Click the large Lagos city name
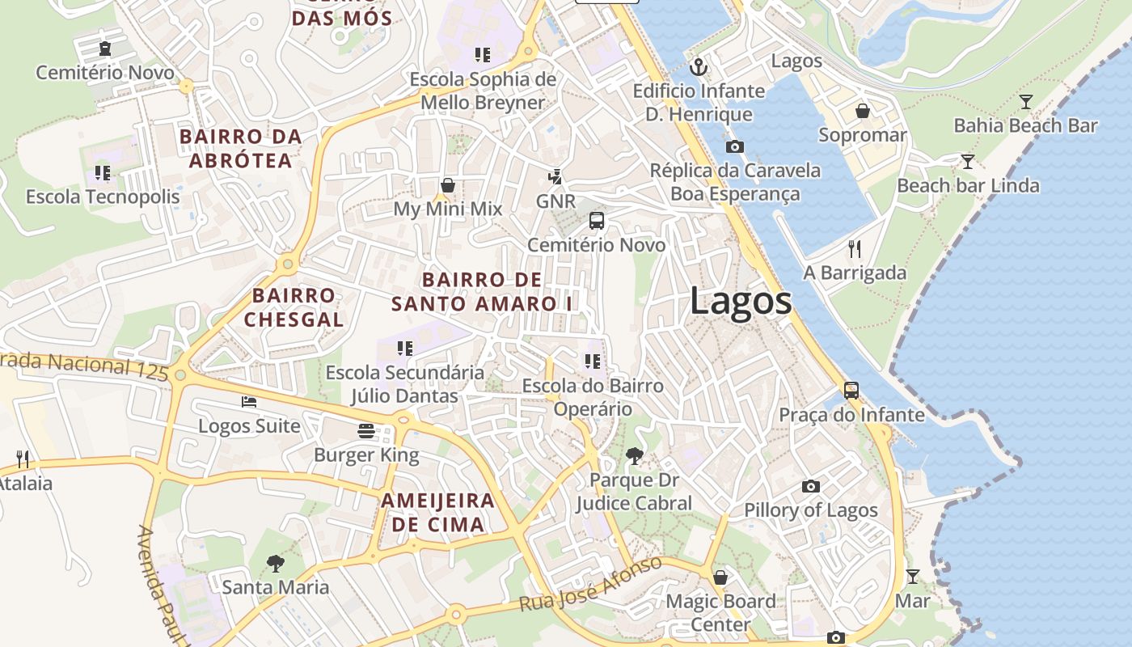(741, 302)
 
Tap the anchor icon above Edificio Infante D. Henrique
(698, 67)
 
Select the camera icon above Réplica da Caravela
(734, 146)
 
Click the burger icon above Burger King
(366, 430)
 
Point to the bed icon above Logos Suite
(249, 401)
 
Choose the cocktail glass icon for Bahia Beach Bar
(1025, 101)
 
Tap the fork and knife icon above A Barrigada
(855, 248)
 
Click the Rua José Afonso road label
(590, 584)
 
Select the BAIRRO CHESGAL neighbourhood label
(294, 307)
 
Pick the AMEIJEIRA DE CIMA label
(437, 512)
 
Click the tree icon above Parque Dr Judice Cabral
(635, 456)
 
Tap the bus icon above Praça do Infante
(851, 391)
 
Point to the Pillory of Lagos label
(810, 510)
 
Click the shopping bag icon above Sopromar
(862, 111)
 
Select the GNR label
(555, 201)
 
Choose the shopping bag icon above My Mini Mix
(447, 185)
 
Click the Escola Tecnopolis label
(103, 197)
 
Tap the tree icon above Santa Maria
(276, 563)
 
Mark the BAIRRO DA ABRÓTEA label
(241, 149)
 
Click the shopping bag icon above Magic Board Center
(720, 577)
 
